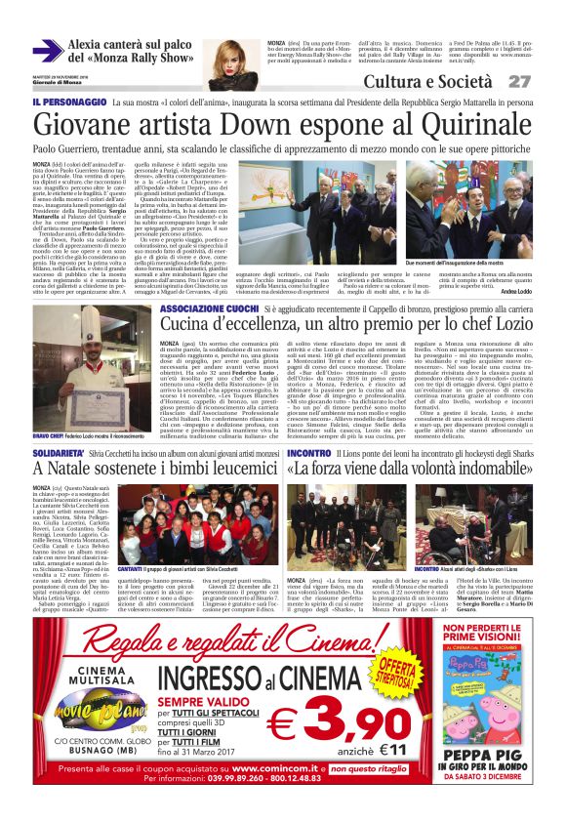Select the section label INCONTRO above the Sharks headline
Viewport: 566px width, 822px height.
tap(309, 454)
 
